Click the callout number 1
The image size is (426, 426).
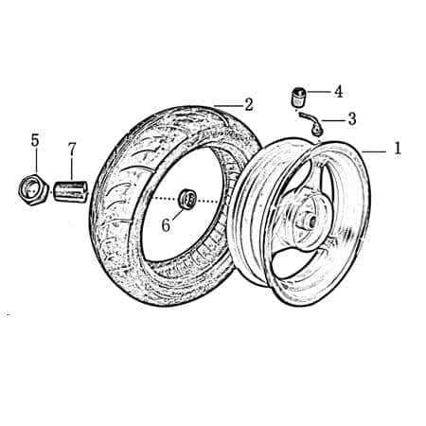(398, 149)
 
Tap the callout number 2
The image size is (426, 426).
(248, 103)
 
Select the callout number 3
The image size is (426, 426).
(351, 119)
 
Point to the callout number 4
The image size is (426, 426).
(338, 92)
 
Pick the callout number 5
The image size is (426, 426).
(35, 140)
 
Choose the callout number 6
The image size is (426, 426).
(165, 225)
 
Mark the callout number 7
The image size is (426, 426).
(71, 149)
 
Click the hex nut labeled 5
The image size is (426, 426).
(33, 188)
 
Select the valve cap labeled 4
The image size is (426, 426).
(296, 97)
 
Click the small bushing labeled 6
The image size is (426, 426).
(187, 199)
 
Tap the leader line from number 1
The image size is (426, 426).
(374, 151)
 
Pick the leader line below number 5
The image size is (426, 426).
(35, 162)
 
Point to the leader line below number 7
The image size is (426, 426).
(71, 169)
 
